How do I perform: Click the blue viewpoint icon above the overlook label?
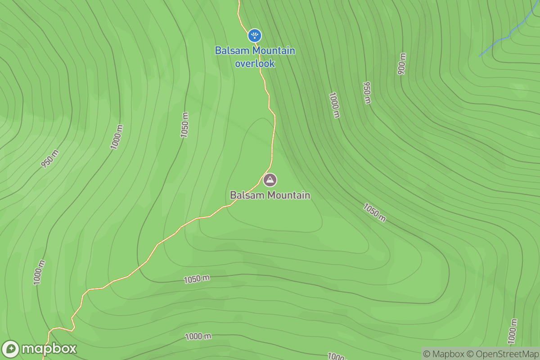pos(255,35)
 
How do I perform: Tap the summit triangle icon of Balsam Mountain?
pos(270,180)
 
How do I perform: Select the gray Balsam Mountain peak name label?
pos(270,195)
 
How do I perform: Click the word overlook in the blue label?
pos(255,63)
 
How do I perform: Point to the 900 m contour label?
pos(402,63)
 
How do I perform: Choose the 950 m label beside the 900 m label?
pos(367,93)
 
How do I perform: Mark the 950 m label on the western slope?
pos(50,159)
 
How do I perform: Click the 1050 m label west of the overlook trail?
pos(185,125)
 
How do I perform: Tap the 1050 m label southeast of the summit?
pos(374,212)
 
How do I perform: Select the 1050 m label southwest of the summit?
pos(197,279)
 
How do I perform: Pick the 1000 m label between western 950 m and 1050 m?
pos(117,137)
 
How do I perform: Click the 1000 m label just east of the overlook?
pos(334,105)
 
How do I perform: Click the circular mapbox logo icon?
pos(10,349)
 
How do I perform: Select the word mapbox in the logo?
pos(49,349)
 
